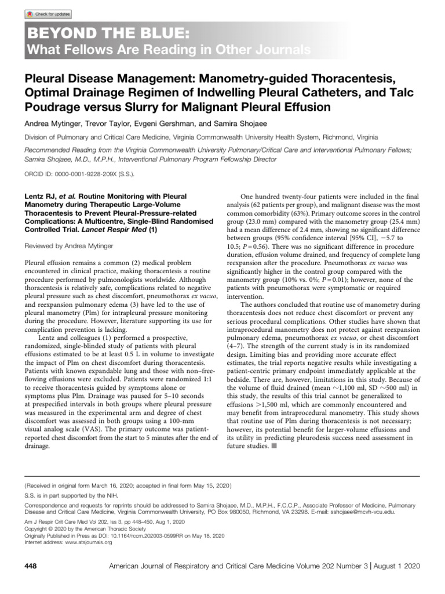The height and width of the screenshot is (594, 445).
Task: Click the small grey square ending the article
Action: coord(273,447)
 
